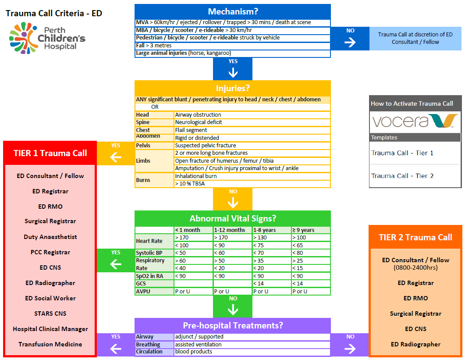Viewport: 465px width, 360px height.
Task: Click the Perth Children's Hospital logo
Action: [x=47, y=38]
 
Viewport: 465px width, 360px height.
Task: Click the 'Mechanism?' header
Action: [x=233, y=11]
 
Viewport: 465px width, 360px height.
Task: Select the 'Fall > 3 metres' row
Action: [x=233, y=46]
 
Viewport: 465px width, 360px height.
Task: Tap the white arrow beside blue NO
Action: [x=350, y=42]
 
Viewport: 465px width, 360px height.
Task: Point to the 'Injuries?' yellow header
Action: [x=233, y=88]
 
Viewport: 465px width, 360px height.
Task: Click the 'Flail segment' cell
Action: [x=252, y=130]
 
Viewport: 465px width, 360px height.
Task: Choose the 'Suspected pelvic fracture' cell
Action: [x=252, y=146]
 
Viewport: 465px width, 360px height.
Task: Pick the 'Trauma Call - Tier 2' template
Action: [x=402, y=176]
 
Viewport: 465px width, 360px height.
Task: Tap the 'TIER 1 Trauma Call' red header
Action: [x=50, y=153]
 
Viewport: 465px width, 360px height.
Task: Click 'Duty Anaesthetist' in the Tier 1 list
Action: [x=50, y=237]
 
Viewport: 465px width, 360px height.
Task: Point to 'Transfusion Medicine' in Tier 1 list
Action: [x=50, y=344]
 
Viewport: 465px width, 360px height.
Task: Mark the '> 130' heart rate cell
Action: [x=272, y=238]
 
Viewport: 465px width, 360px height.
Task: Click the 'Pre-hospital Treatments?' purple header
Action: [x=233, y=325]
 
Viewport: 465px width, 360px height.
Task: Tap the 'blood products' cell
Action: [x=252, y=352]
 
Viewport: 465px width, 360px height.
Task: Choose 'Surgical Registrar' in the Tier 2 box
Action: [x=415, y=314]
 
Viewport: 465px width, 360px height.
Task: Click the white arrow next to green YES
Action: [x=116, y=264]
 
